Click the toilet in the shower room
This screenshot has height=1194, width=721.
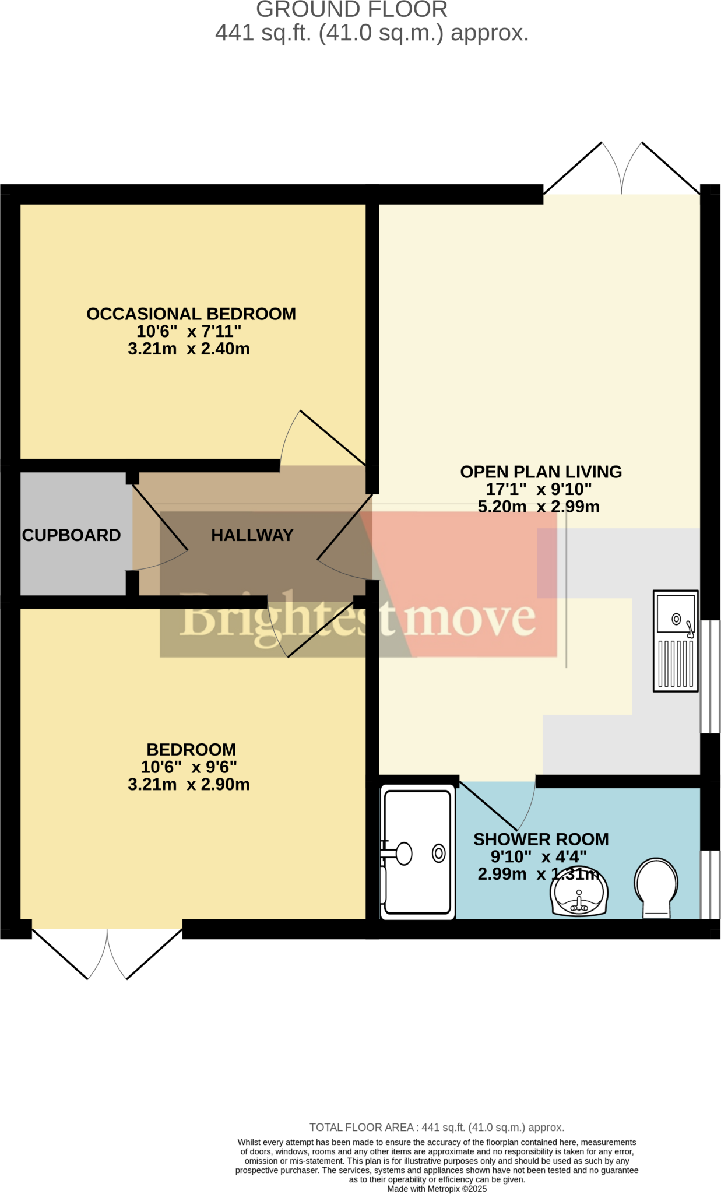(x=656, y=887)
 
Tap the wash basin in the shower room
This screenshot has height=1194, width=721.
(x=579, y=895)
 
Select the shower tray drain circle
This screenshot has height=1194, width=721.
(x=438, y=854)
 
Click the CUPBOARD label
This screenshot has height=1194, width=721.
(x=71, y=535)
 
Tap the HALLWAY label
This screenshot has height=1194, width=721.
(x=252, y=535)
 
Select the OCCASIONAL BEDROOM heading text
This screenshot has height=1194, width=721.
(x=191, y=314)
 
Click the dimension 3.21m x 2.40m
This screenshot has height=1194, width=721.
(x=189, y=349)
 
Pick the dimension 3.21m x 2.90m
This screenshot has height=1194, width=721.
(x=189, y=784)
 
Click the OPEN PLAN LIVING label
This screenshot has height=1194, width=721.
(x=541, y=472)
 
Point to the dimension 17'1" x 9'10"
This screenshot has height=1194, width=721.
(x=539, y=489)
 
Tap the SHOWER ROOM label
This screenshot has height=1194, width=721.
(x=541, y=839)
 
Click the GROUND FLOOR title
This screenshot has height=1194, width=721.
(x=352, y=10)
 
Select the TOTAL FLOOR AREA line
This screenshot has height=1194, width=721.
(x=437, y=1127)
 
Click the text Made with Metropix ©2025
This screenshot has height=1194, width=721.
(x=437, y=1188)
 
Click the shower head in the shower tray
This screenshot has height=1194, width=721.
(x=402, y=854)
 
